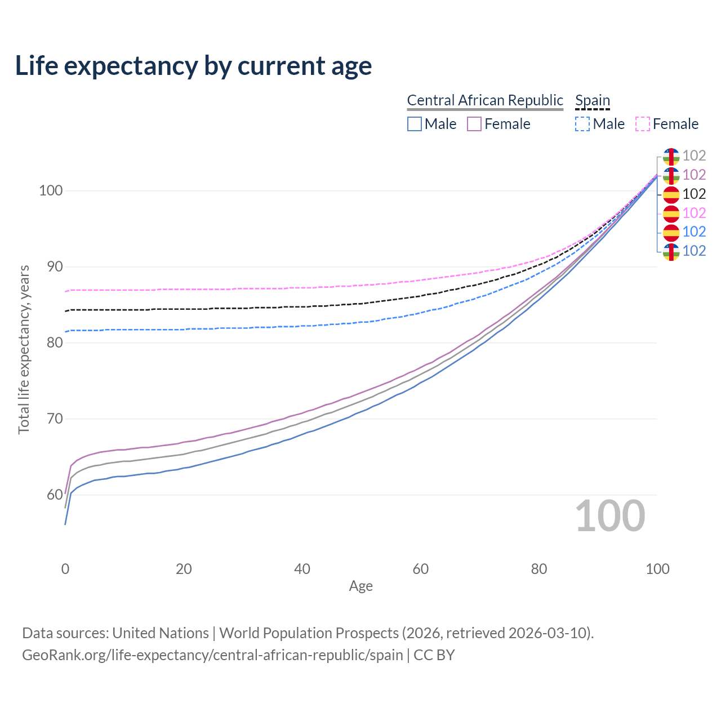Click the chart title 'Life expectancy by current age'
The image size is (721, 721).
pos(193,66)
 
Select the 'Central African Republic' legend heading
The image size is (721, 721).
pos(485,100)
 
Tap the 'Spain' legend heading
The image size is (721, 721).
pos(593,100)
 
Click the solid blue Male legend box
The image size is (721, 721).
pos(415,124)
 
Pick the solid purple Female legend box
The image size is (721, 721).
pos(474,124)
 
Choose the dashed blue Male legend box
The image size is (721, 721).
pos(582,124)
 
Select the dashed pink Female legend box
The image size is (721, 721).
pos(643,124)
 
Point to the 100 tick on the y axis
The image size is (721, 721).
pos(50,190)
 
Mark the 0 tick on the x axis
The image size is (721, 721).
pos(65,569)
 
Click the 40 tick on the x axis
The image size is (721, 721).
pos(302,569)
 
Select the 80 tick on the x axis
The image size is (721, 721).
pos(539,569)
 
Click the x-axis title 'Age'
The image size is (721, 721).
pos(361,586)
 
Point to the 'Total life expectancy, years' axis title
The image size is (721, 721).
pos(24,349)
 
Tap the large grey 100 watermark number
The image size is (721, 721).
pos(610,516)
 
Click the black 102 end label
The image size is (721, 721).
pos(694,194)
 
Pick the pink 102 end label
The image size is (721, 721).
pos(694,213)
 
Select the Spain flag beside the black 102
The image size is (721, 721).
pos(671,194)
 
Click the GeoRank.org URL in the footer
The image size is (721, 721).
pos(212,655)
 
